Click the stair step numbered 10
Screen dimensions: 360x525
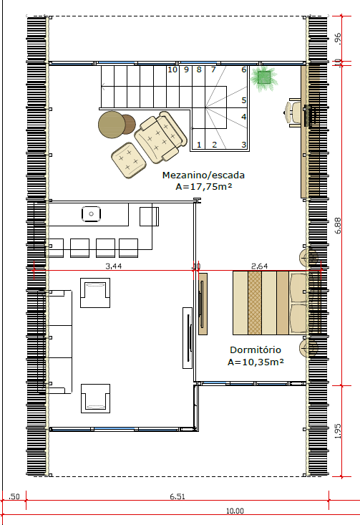(x=172, y=69)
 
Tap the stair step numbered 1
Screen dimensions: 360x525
(x=199, y=145)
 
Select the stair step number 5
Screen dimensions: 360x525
(x=244, y=100)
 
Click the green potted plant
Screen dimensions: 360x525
(x=264, y=78)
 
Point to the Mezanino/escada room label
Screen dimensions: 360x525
(x=203, y=175)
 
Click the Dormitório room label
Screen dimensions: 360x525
(x=256, y=350)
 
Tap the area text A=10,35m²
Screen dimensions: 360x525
(x=256, y=362)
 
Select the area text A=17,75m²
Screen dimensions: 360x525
(x=204, y=186)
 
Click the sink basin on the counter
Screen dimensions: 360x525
(x=92, y=214)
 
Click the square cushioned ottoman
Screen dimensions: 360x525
(x=129, y=160)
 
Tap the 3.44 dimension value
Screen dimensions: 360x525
(x=113, y=266)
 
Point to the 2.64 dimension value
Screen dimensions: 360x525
(x=259, y=266)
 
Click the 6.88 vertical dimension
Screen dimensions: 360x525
(x=338, y=226)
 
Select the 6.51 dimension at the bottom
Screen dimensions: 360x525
(x=177, y=496)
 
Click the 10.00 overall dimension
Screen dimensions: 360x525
(x=235, y=511)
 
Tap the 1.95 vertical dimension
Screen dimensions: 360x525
(x=338, y=431)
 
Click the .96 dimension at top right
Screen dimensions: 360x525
(x=338, y=39)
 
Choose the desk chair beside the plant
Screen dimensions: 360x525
(x=293, y=112)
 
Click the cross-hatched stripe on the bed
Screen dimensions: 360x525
(x=255, y=303)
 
